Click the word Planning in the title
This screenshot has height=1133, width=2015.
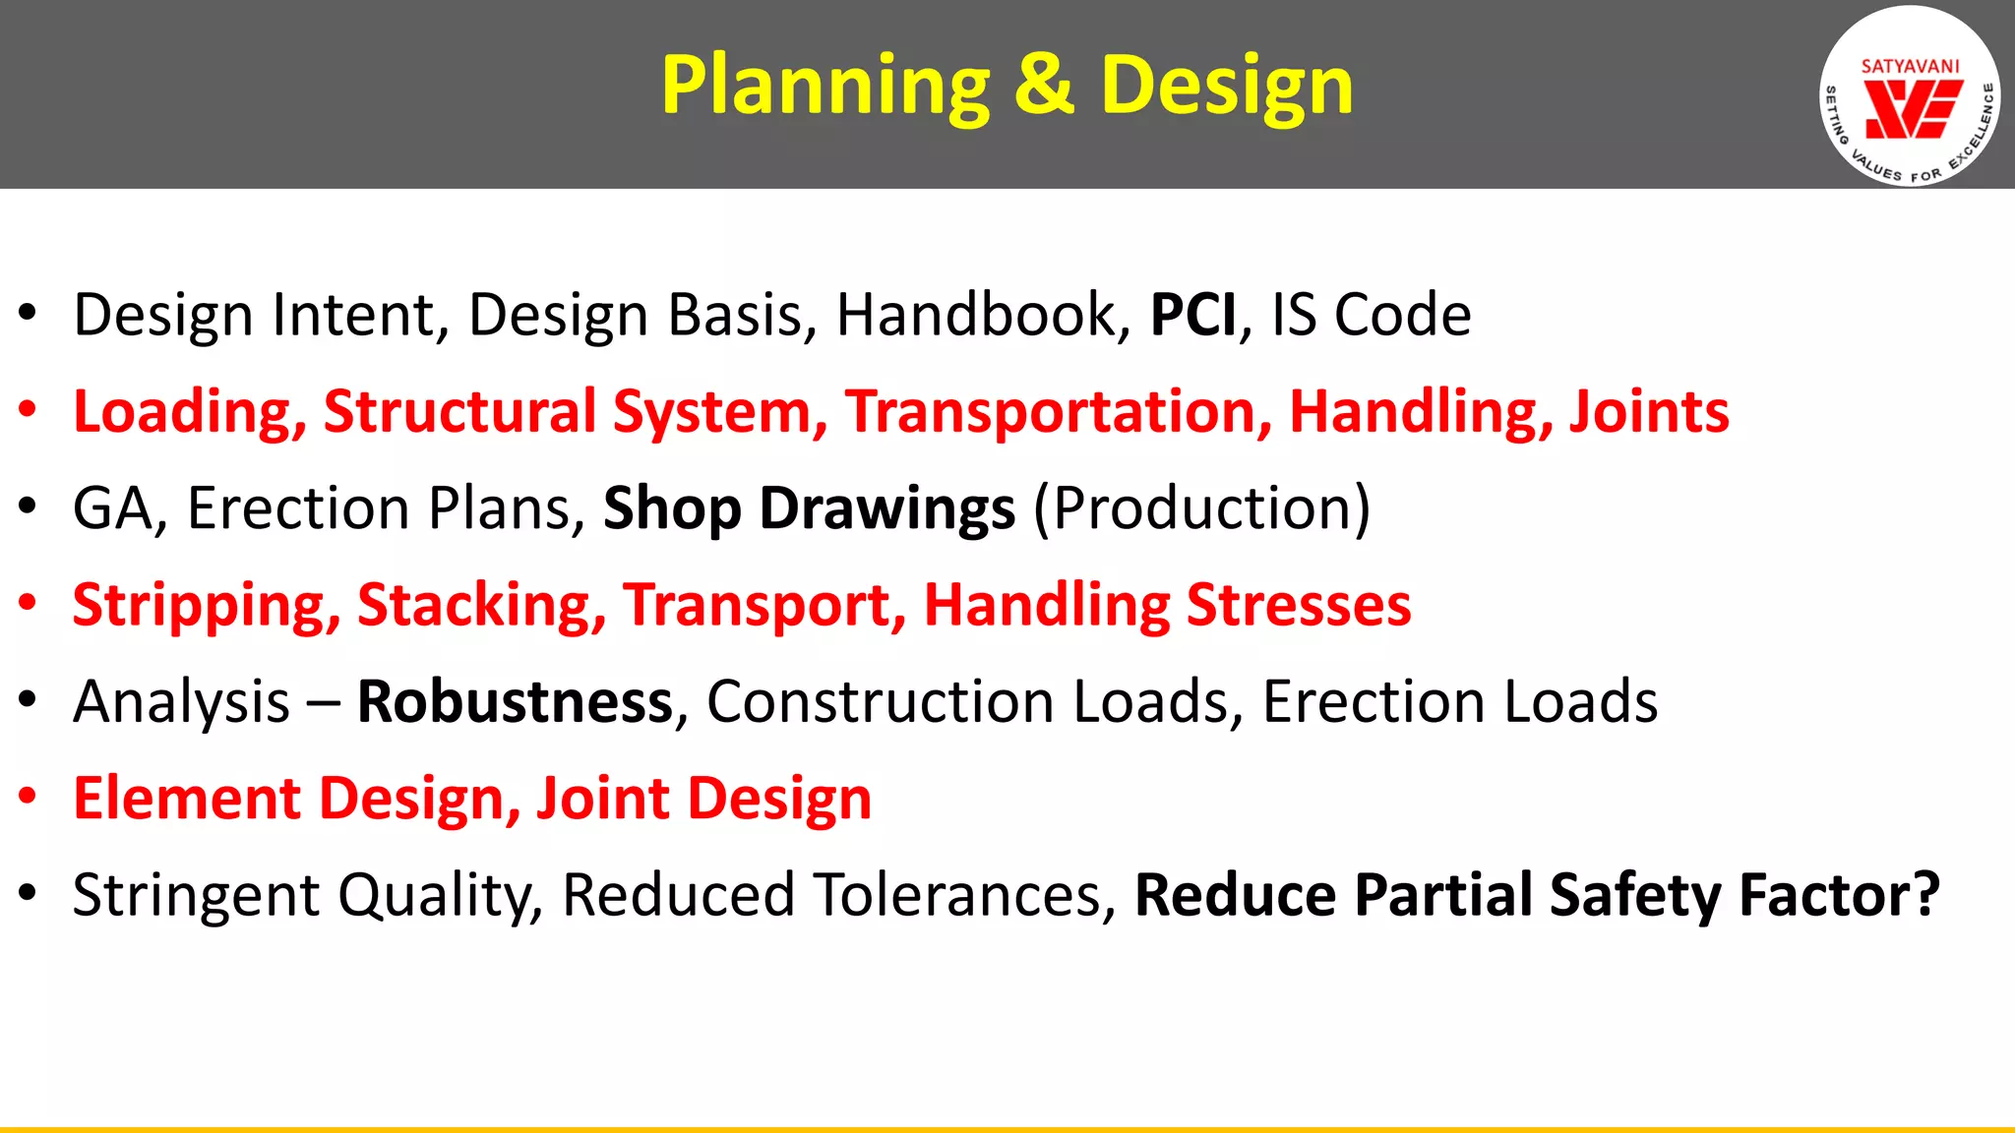pyautogui.click(x=824, y=87)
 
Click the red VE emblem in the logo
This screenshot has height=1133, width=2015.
pyautogui.click(x=1913, y=109)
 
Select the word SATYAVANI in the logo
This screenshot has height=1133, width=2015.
pyautogui.click(x=1910, y=67)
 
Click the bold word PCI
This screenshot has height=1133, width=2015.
pyautogui.click(x=1192, y=316)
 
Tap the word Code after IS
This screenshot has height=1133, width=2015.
pyautogui.click(x=1402, y=316)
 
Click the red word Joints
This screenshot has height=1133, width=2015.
pyautogui.click(x=1648, y=411)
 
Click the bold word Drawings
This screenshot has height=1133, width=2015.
pyautogui.click(x=886, y=509)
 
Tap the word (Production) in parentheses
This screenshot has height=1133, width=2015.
pyautogui.click(x=1201, y=509)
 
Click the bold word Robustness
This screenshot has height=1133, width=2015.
pyautogui.click(x=515, y=702)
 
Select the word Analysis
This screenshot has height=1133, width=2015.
pyautogui.click(x=182, y=702)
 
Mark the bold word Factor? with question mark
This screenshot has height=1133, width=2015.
pyautogui.click(x=1839, y=895)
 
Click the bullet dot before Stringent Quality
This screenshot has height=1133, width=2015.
pyautogui.click(x=28, y=892)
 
